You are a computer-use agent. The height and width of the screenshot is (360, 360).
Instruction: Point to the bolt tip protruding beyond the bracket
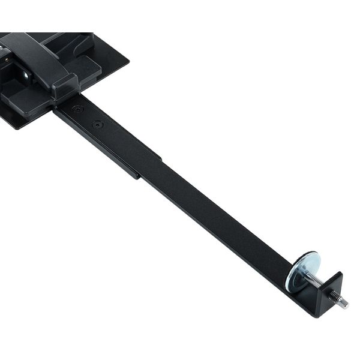pyautogui.click(x=342, y=304)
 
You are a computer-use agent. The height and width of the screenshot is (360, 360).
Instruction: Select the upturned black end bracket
pyautogui.click(x=329, y=294)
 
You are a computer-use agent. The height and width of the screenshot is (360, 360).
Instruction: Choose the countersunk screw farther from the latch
pyautogui.click(x=98, y=124)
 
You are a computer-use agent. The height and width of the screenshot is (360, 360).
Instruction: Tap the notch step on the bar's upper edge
pyautogui.click(x=161, y=158)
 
